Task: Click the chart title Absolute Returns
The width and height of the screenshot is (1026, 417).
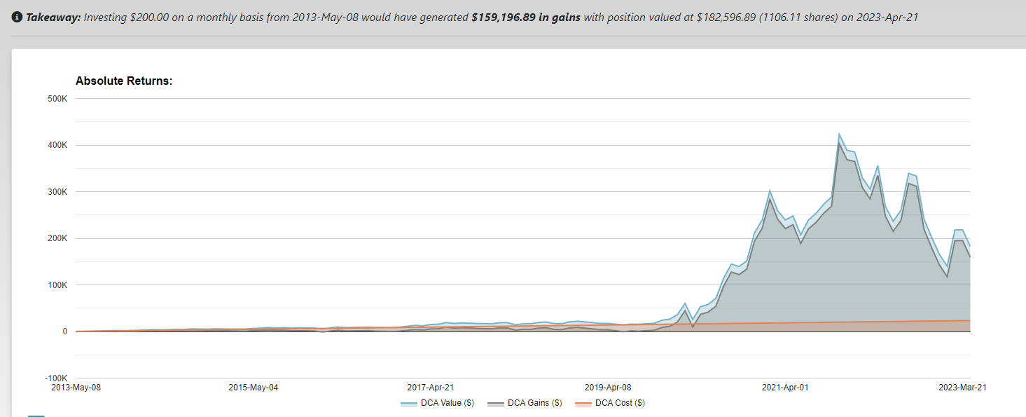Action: click(124, 81)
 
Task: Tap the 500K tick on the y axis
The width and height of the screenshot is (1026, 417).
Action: click(57, 99)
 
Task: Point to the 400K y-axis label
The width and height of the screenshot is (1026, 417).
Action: click(57, 146)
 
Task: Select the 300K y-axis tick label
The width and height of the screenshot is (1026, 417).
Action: click(57, 192)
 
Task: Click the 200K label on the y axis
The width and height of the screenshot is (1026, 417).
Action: click(57, 239)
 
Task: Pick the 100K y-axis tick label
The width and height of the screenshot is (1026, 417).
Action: click(57, 285)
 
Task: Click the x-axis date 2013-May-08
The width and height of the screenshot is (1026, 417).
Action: click(76, 387)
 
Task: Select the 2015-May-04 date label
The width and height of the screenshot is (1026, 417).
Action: click(254, 387)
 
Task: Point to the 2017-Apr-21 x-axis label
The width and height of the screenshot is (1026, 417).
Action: click(431, 387)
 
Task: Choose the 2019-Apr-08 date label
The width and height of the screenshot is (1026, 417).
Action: click(608, 387)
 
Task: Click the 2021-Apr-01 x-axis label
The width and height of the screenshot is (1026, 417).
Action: click(785, 387)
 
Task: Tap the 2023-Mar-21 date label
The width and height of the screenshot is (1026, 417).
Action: click(962, 387)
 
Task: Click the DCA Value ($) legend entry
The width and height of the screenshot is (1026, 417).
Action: click(438, 403)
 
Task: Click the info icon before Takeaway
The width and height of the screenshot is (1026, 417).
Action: click(18, 17)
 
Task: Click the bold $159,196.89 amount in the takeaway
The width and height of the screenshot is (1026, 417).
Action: click(526, 17)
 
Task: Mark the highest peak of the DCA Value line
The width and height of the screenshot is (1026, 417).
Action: click(839, 134)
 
